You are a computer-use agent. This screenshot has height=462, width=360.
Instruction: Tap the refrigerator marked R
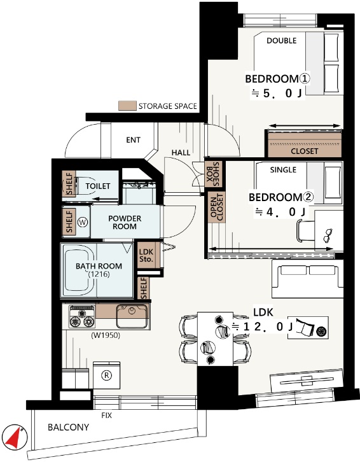[106, 375]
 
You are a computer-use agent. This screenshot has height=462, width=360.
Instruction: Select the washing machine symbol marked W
[83, 222]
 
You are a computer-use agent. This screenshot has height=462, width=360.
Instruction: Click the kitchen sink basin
[132, 316]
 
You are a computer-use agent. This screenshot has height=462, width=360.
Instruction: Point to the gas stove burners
[82, 317]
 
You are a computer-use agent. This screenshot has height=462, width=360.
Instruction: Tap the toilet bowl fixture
[85, 186]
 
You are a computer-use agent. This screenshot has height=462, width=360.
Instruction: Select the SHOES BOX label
[213, 174]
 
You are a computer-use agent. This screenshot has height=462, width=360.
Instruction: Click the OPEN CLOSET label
[217, 207]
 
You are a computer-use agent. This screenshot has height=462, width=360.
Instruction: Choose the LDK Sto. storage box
[146, 255]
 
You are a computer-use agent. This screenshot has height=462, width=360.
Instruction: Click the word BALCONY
[68, 427]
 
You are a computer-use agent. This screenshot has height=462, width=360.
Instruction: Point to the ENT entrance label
[133, 139]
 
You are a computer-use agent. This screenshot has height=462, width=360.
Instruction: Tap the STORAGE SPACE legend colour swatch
[127, 106]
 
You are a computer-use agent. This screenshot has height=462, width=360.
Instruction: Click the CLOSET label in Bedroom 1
[304, 151]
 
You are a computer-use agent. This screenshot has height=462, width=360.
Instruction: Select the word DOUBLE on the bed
[281, 41]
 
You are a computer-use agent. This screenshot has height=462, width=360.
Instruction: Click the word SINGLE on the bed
[283, 170]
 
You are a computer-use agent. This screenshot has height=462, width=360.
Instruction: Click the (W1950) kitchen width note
[106, 335]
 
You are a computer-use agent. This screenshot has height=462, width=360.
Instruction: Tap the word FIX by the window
[107, 416]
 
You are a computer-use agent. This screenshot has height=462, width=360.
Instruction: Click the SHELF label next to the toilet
[69, 183]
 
